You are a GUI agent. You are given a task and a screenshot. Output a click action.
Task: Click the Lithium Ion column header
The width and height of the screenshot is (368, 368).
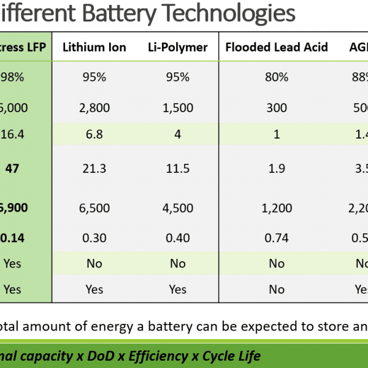[x=94, y=47]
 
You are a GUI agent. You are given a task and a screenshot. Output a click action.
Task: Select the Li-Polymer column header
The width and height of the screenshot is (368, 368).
[x=177, y=47]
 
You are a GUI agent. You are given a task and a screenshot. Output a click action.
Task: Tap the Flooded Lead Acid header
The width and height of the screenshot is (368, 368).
[x=277, y=47]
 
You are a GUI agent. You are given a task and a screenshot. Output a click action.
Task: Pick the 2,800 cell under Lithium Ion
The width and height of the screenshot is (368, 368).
[x=94, y=108]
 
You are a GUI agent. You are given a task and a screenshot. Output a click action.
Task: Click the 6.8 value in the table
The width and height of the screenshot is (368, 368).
[x=94, y=134]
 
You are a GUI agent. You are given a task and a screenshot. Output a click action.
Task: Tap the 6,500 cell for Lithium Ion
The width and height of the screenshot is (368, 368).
[x=94, y=207]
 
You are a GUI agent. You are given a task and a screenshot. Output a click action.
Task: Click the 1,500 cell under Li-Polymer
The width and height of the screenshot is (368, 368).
[x=177, y=108]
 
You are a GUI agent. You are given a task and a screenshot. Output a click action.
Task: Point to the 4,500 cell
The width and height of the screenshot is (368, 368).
[x=177, y=207]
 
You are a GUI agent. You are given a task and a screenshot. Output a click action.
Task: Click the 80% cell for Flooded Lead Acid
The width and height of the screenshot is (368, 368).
[x=277, y=77]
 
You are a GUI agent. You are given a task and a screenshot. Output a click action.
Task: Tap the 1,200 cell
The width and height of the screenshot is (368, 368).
[x=277, y=207]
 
